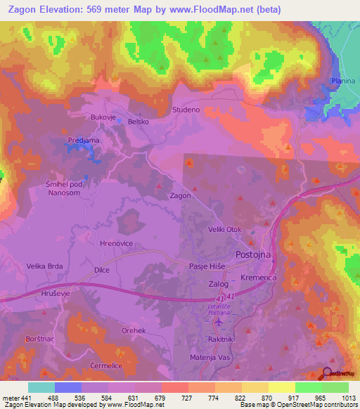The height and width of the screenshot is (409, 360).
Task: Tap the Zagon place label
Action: tap(180, 196)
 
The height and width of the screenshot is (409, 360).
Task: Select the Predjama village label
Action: tap(83, 141)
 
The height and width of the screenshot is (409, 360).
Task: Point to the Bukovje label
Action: tap(103, 117)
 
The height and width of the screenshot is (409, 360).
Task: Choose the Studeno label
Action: tap(186, 110)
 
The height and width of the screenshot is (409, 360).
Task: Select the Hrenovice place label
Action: tap(117, 242)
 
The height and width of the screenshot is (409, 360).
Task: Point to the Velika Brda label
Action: tap(45, 266)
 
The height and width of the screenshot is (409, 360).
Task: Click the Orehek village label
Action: tap(133, 330)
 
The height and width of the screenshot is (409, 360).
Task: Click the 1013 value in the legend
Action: tap(349, 398)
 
